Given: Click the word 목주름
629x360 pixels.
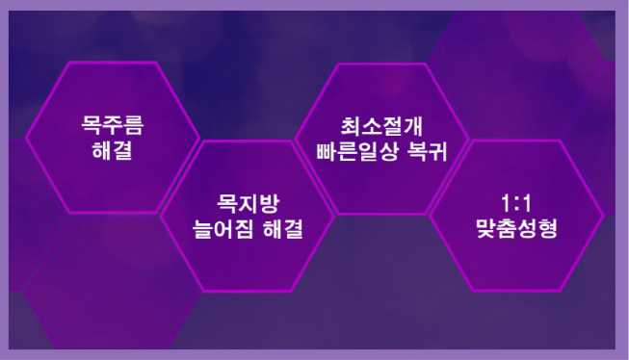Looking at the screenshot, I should pos(113,127).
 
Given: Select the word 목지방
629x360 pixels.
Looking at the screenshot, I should pos(248,205).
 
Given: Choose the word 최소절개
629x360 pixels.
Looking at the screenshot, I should pos(382,127).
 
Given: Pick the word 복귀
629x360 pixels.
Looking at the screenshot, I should pos(426,151).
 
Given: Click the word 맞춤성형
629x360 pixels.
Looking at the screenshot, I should pos(516,230).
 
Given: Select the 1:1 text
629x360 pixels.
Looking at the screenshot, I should pos(516,205).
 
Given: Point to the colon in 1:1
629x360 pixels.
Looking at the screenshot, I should pos(516,206).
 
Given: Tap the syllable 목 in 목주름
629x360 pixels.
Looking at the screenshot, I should pos(92,127).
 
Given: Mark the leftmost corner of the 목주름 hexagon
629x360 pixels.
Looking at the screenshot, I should pos(25,138).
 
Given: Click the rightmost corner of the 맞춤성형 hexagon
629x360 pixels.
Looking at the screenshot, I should pos(604,216).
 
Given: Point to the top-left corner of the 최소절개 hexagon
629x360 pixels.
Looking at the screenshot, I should pos(338,65).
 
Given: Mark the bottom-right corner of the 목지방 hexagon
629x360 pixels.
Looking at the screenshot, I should pos(290,291).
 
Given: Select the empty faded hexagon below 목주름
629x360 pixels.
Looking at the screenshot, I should pos(113,289).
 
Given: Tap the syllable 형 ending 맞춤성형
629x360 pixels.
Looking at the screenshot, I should pos(548,230).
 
